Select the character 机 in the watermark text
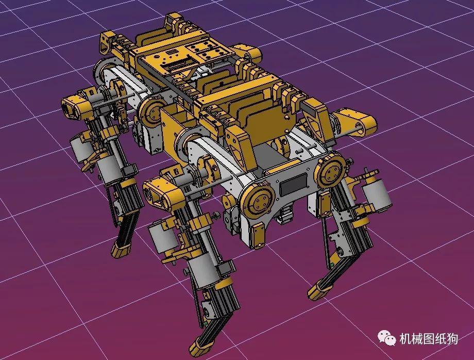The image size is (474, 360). click(405, 339)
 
